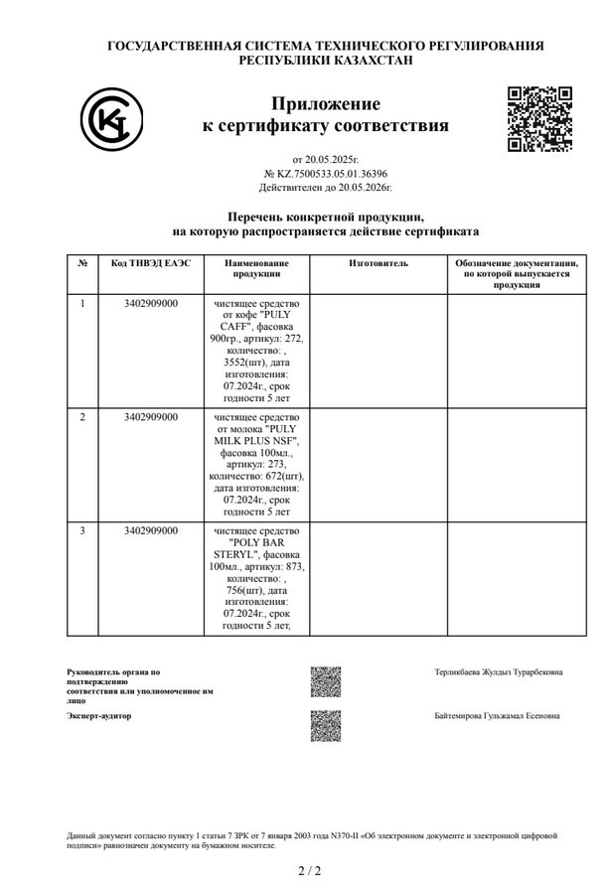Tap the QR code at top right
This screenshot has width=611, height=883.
(539, 118)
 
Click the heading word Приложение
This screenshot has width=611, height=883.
(325, 104)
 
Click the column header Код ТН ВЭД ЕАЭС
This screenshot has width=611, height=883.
(150, 263)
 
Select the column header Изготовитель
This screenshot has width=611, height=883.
(378, 263)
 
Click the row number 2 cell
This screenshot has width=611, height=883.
(82, 416)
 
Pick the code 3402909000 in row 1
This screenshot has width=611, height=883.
(151, 303)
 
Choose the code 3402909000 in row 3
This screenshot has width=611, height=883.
(151, 530)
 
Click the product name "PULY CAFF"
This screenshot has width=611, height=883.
(256, 320)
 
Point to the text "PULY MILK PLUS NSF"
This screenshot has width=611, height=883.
(256, 434)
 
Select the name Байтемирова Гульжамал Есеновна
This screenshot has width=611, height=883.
(497, 715)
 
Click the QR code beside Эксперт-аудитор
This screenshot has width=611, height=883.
(325, 725)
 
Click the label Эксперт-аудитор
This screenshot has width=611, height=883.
(98, 715)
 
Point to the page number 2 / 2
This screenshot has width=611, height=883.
(310, 870)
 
